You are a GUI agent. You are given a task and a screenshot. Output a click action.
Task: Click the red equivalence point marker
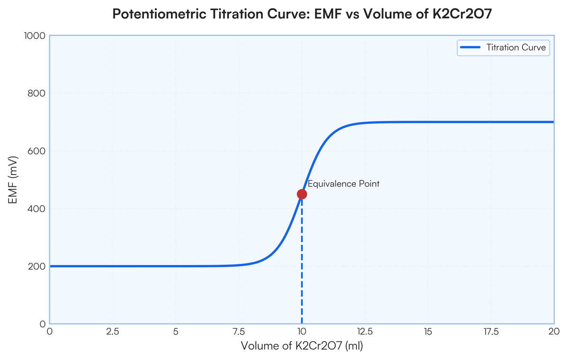click(302, 194)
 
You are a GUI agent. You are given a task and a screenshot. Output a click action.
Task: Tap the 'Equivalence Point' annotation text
click(343, 184)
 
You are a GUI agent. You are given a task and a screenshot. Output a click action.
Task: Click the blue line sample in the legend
click(470, 47)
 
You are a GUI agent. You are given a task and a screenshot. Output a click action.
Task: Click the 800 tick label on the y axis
click(37, 94)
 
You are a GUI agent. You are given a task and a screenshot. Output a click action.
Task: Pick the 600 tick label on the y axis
click(37, 151)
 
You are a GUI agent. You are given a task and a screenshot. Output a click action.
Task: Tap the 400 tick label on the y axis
click(37, 209)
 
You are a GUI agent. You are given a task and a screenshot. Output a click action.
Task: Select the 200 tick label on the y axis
click(37, 266)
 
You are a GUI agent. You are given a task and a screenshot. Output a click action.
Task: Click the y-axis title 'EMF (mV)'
click(13, 180)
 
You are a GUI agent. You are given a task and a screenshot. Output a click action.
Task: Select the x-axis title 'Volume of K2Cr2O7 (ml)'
click(302, 346)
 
